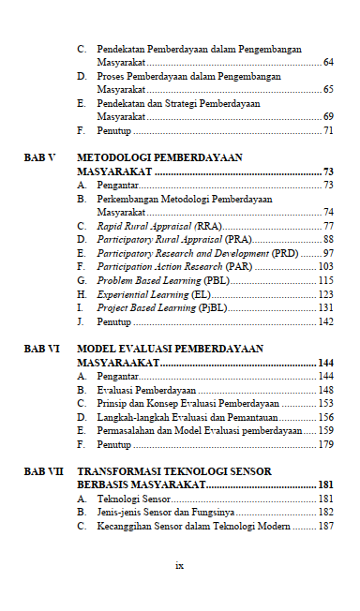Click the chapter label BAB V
click(x=39, y=158)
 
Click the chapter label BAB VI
click(x=41, y=349)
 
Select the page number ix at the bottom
click(x=179, y=565)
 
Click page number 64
click(x=327, y=62)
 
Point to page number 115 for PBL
click(x=325, y=280)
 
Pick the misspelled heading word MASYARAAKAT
click(x=118, y=363)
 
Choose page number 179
click(x=325, y=444)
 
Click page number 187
click(x=325, y=527)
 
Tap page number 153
click(x=325, y=403)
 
